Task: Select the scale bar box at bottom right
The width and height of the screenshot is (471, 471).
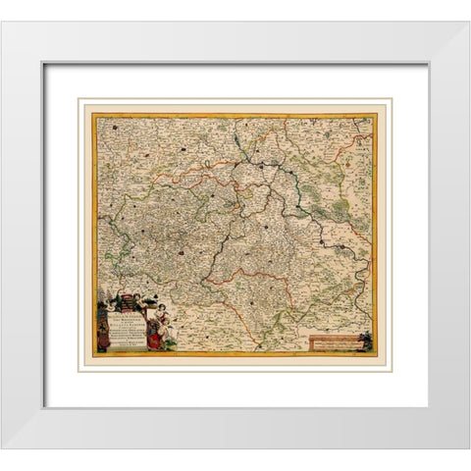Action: click(336, 342)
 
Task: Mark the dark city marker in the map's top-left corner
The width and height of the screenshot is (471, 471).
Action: click(114, 126)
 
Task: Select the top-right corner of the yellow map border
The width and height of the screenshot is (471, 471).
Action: click(378, 114)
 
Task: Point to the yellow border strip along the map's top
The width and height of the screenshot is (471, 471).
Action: click(235, 115)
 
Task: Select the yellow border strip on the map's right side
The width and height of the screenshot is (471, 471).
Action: click(377, 235)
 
